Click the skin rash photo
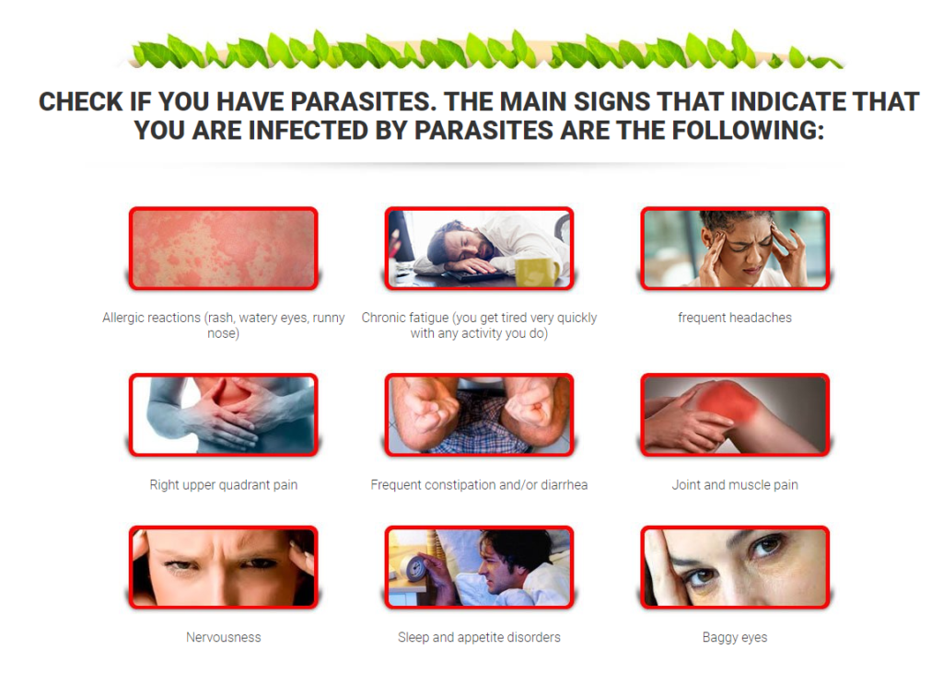pyautogui.click(x=223, y=249)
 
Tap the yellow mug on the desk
pyautogui.click(x=537, y=272)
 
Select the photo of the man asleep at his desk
pyautogui.click(x=479, y=249)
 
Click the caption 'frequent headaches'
pyautogui.click(x=734, y=318)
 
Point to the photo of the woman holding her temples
pyautogui.click(x=734, y=249)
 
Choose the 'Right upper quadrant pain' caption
pyautogui.click(x=223, y=485)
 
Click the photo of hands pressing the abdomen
pyautogui.click(x=223, y=414)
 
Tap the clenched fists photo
pyautogui.click(x=479, y=414)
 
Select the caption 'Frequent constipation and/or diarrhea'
pyautogui.click(x=479, y=485)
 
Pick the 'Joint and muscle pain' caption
pyautogui.click(x=734, y=485)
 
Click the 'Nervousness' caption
pyautogui.click(x=223, y=637)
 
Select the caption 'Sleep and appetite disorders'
pyautogui.click(x=479, y=637)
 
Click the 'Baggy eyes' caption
pyautogui.click(x=734, y=637)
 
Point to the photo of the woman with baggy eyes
pyautogui.click(x=734, y=567)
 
